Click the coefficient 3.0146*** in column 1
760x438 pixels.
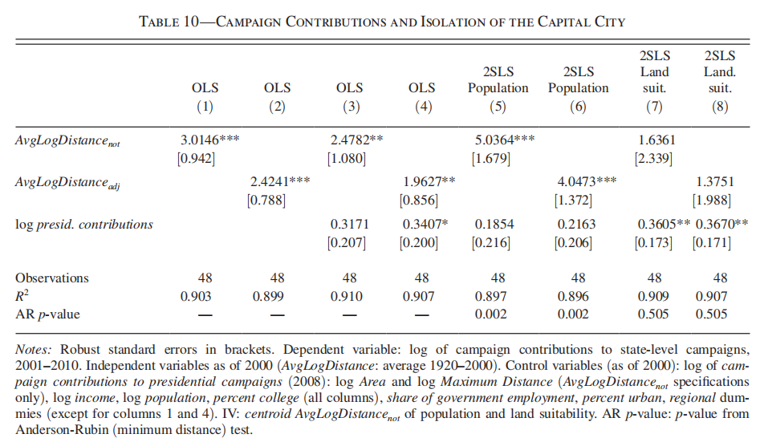click(210, 140)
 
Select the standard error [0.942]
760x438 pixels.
click(196, 159)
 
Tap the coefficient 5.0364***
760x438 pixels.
click(505, 140)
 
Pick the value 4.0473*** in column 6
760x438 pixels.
click(587, 181)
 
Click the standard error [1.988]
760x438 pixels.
click(712, 200)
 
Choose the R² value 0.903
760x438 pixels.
click(196, 296)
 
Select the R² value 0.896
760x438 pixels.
click(573, 296)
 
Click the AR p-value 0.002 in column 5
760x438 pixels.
click(490, 314)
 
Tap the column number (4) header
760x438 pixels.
click(423, 107)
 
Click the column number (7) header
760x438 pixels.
click(654, 107)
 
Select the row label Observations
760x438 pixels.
click(52, 278)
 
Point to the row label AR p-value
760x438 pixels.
click(47, 314)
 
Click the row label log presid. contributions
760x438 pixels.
click(83, 225)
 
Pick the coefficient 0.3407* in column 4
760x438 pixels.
click(425, 225)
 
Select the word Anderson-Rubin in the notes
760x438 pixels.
click(62, 430)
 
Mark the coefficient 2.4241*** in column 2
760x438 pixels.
click(279, 181)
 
